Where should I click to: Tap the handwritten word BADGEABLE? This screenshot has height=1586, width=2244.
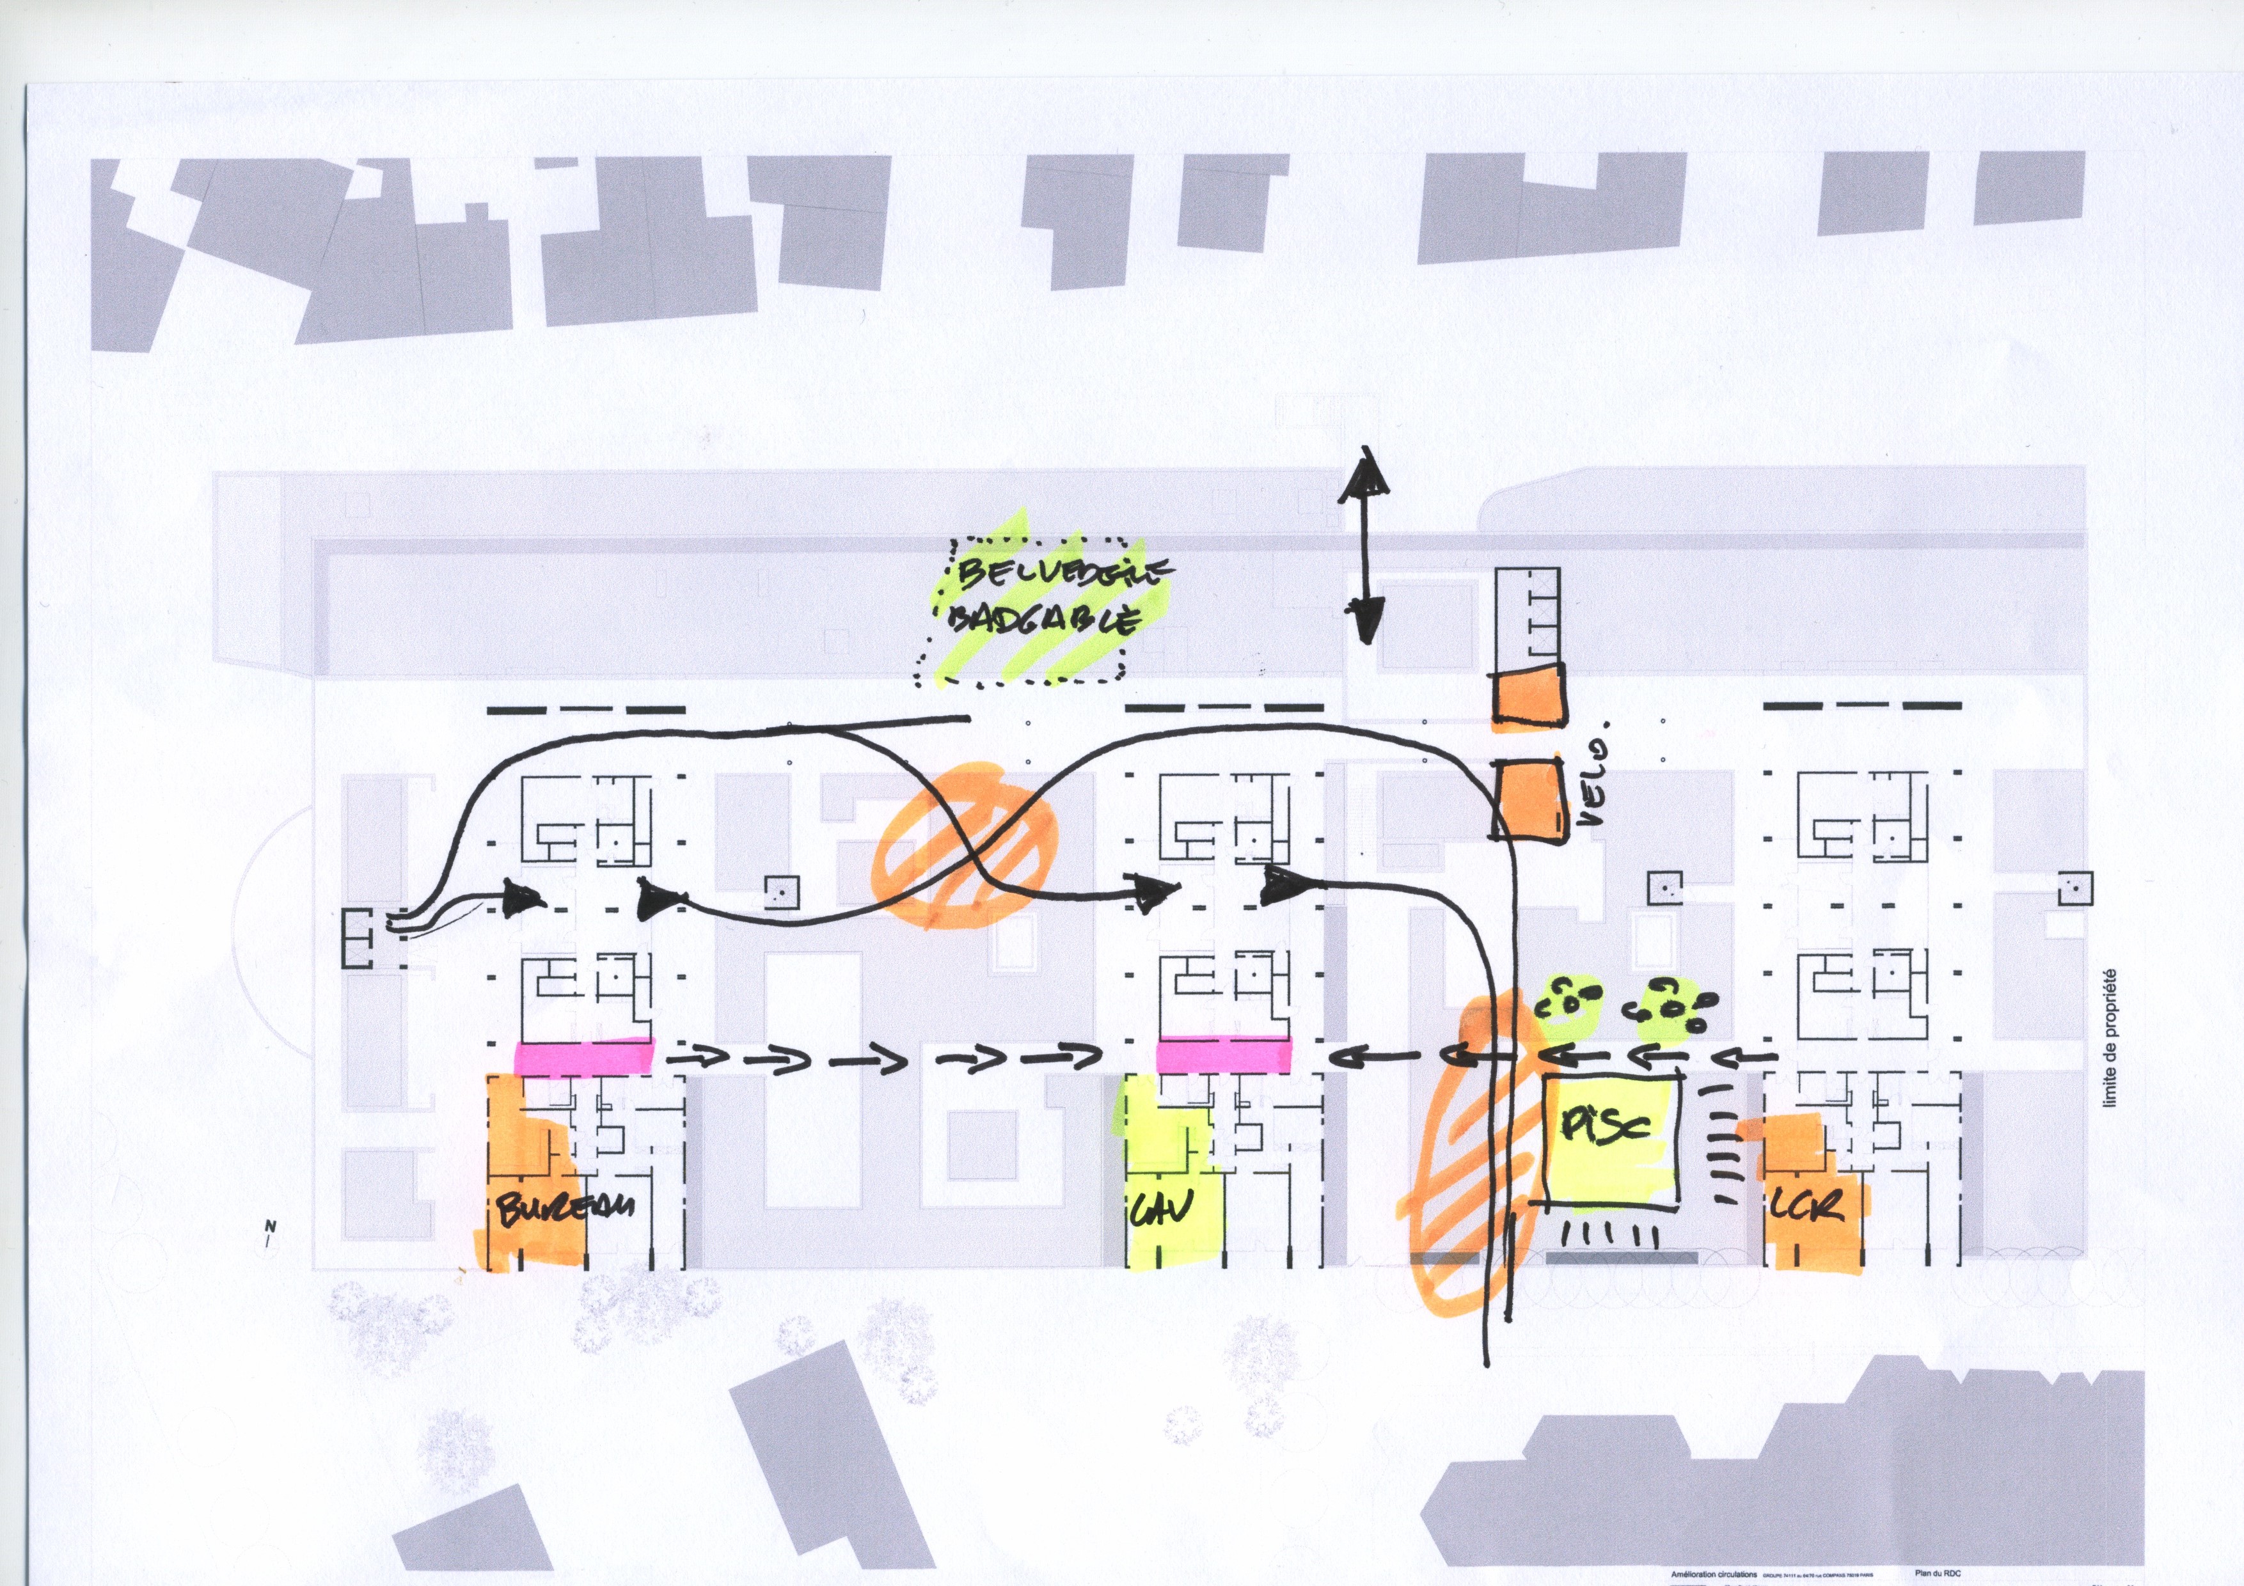click(x=1044, y=622)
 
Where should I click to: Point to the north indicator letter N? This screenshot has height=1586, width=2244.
click(x=271, y=1227)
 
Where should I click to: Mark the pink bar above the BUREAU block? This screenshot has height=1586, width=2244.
click(x=583, y=1057)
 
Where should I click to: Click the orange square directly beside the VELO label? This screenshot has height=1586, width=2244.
click(x=1524, y=799)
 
